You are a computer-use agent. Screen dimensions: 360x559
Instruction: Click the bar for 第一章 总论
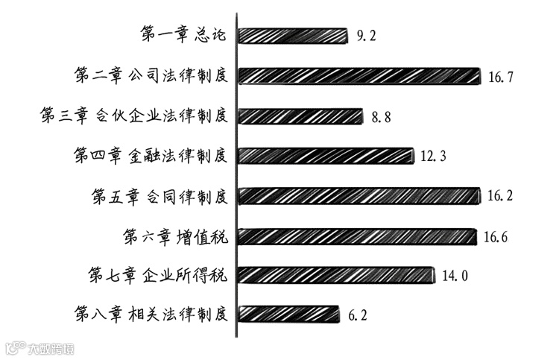click(x=292, y=35)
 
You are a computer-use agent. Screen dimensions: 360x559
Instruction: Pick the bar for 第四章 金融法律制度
click(x=326, y=156)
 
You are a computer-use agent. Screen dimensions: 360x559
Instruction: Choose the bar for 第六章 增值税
click(x=357, y=236)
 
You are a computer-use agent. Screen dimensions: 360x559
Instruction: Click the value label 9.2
click(x=366, y=35)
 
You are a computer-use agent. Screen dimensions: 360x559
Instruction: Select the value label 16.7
click(x=500, y=76)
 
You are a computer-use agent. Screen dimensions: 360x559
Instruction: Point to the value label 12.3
click(x=433, y=157)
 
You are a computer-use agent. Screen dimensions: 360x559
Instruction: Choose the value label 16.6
click(x=496, y=237)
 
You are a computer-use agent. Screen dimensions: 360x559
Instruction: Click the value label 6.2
click(x=358, y=315)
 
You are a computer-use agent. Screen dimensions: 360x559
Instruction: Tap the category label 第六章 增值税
click(x=174, y=236)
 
